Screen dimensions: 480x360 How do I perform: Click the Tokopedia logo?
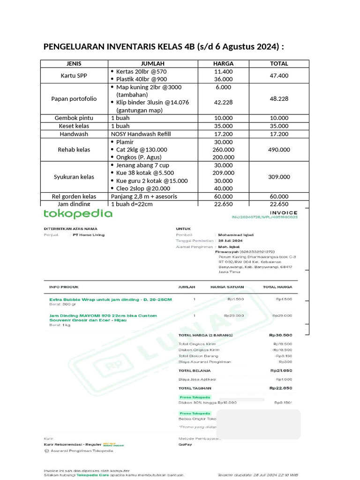(x=78, y=214)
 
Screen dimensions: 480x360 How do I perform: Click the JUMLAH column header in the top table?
(x=152, y=63)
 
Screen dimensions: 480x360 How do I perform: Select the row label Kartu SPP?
(x=74, y=75)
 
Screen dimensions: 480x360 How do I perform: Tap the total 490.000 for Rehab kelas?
(x=279, y=150)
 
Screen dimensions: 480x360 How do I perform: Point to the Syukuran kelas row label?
(x=74, y=177)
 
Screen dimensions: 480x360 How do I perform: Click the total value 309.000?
(x=279, y=177)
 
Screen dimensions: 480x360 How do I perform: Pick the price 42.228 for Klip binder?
(x=223, y=102)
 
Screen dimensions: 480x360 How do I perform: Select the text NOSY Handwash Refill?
(x=141, y=134)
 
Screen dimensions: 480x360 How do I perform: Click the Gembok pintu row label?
(x=74, y=118)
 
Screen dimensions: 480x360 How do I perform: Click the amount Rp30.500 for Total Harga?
(x=280, y=335)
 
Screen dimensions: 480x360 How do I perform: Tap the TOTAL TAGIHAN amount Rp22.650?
(x=280, y=388)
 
